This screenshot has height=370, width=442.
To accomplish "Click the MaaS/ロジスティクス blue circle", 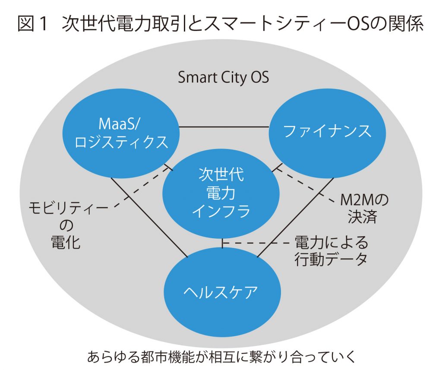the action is pyautogui.click(x=121, y=133).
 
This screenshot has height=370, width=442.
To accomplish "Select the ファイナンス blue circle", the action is pyautogui.click(x=327, y=133).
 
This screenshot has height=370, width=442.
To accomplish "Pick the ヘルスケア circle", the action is pyautogui.click(x=222, y=292).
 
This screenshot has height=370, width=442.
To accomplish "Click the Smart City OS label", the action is pyautogui.click(x=223, y=78).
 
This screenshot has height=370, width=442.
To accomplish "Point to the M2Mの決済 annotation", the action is pyautogui.click(x=364, y=209).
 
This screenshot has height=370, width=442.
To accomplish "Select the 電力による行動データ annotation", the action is pyautogui.click(x=331, y=251).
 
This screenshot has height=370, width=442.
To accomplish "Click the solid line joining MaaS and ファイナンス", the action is pyautogui.click(x=224, y=127).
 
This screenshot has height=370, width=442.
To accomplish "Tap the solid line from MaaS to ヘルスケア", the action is pyautogui.click(x=149, y=218).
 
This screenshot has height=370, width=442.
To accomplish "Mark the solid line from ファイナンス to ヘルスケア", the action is pyautogui.click(x=295, y=218).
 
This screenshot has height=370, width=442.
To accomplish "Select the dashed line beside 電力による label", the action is pyautogui.click(x=256, y=243).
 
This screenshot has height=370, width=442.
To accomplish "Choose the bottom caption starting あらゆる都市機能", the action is pyautogui.click(x=221, y=357).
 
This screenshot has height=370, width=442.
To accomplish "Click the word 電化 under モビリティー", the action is pyautogui.click(x=66, y=242).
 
